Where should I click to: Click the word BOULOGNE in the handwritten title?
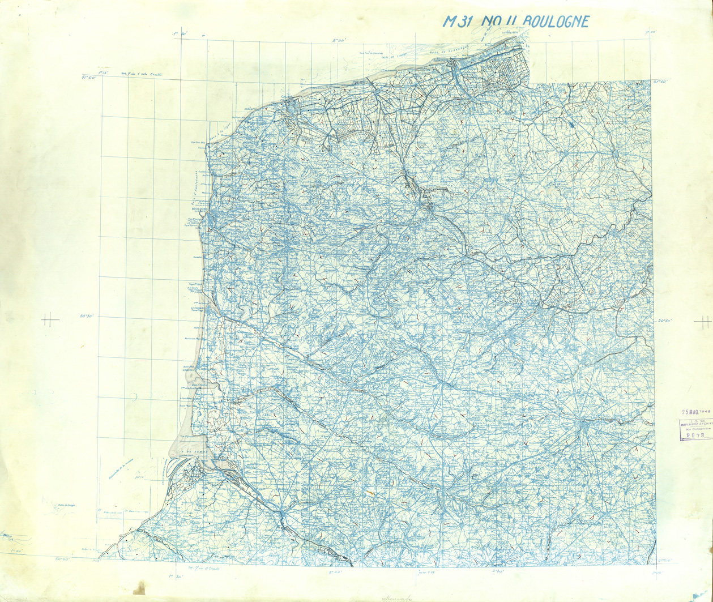click(556, 22)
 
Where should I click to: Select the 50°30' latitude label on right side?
click(664, 321)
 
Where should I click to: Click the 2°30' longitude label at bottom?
click(498, 572)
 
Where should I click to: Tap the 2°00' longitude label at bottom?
click(336, 572)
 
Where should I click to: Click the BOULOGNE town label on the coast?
click(198, 208)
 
